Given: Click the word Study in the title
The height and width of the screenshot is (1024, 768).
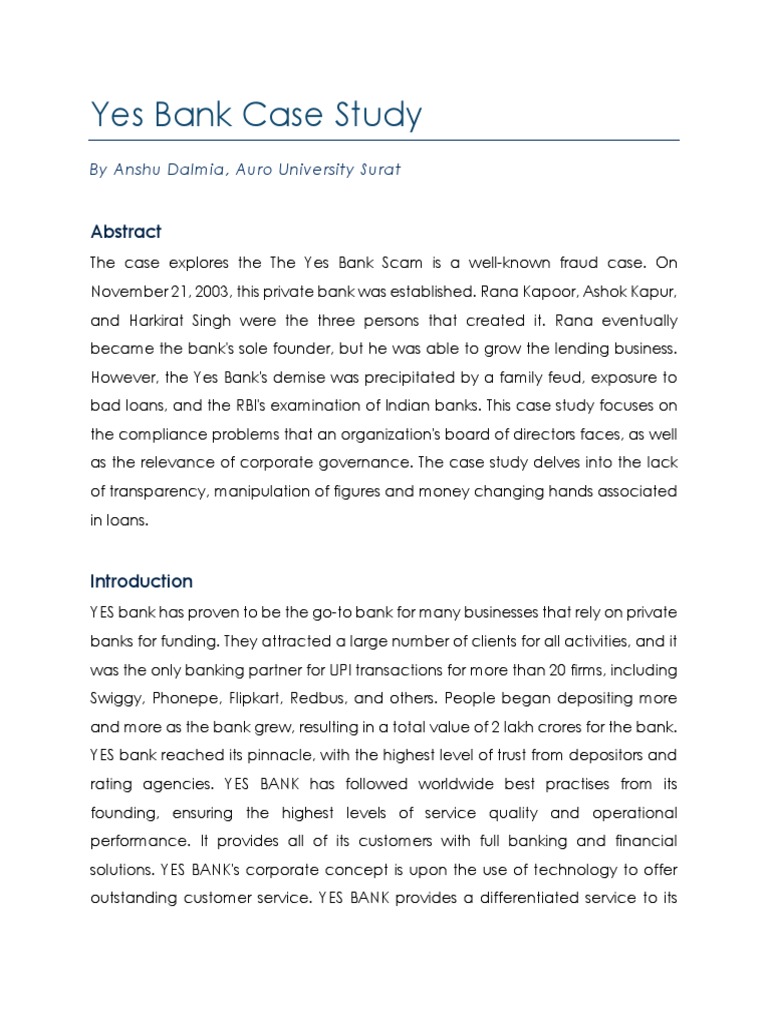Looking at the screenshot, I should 374,115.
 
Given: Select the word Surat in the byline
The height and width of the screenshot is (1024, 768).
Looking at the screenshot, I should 379,169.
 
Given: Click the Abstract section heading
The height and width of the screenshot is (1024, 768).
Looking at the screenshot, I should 125,231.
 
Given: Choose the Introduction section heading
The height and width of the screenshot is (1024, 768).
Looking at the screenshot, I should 141,581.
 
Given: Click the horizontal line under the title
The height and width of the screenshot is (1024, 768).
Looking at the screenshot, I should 384,140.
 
